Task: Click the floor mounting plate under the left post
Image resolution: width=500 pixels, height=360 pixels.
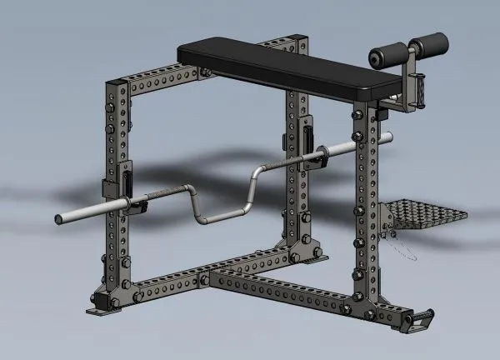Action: [x=102, y=306]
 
